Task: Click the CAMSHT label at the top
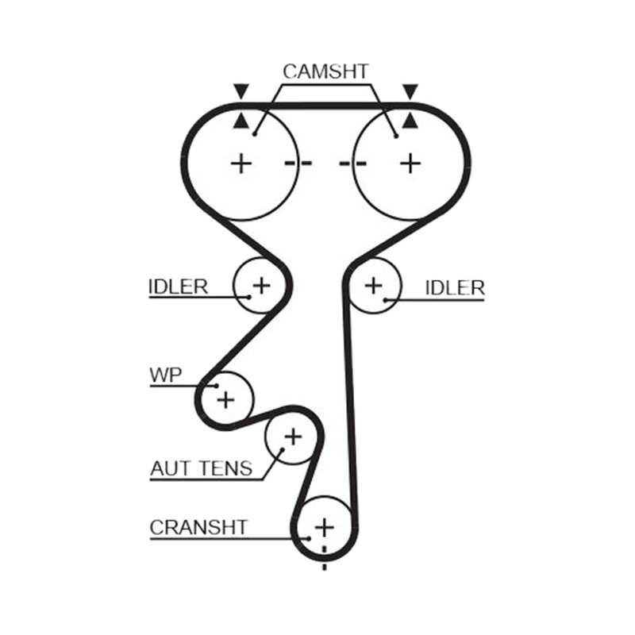(x=325, y=71)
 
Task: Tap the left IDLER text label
(x=178, y=287)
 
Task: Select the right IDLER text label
(x=455, y=288)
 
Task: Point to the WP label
(x=166, y=375)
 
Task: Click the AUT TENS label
(x=202, y=468)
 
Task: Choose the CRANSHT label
(x=198, y=527)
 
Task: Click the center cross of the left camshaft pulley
(x=241, y=164)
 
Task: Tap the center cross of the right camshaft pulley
(x=410, y=164)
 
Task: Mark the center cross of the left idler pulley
(x=262, y=286)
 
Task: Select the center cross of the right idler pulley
(x=373, y=286)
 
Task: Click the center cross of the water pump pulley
(x=226, y=400)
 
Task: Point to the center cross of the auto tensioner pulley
(x=293, y=437)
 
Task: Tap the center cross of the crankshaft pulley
(x=325, y=527)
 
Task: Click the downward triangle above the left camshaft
(x=241, y=91)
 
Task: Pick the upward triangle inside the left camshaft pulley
(x=241, y=121)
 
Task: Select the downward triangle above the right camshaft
(x=410, y=91)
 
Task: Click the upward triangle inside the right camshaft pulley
(x=410, y=121)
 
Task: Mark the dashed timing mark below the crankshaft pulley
(x=325, y=559)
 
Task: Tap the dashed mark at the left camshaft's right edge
(x=298, y=164)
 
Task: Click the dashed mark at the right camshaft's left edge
(x=353, y=164)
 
